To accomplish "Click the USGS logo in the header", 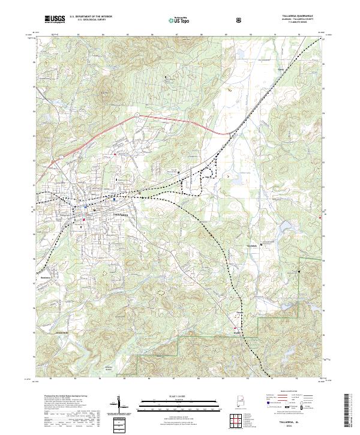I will coord(55,19).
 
